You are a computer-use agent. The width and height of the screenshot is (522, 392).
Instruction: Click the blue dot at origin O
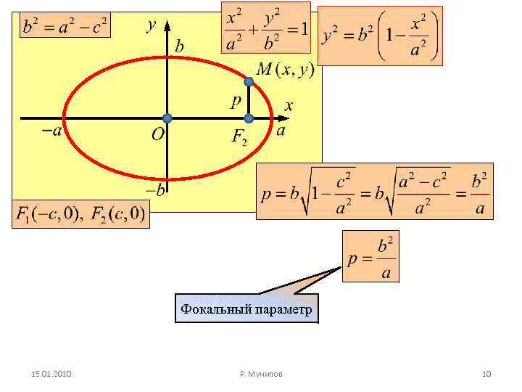pyautogui.click(x=167, y=118)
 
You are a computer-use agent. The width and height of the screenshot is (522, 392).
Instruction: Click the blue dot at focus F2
pyautogui.click(x=248, y=118)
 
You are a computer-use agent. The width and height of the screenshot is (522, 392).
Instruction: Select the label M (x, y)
pyautogui.click(x=285, y=70)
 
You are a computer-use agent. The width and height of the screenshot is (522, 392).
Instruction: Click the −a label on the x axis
pyautogui.click(x=50, y=131)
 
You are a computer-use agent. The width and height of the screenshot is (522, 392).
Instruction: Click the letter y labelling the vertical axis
pyautogui.click(x=151, y=25)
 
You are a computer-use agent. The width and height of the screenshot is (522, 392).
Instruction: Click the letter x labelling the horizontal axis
pyautogui.click(x=289, y=106)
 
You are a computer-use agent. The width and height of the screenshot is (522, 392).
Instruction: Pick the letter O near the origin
pyautogui.click(x=157, y=135)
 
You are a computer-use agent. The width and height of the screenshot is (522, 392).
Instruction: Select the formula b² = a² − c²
pyautogui.click(x=65, y=28)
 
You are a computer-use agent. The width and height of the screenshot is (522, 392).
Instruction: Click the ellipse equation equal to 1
pyautogui.click(x=266, y=28)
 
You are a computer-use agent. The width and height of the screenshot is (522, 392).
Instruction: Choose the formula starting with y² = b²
pyautogui.click(x=379, y=36)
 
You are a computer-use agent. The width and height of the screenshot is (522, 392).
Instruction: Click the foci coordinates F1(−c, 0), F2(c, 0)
pyautogui.click(x=80, y=214)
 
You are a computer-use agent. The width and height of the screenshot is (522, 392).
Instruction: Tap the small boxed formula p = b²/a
pyautogui.click(x=371, y=258)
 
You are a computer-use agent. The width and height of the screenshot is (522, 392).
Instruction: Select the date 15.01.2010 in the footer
pyautogui.click(x=51, y=374)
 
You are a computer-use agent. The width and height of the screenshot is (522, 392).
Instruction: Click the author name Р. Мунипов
pyautogui.click(x=261, y=374)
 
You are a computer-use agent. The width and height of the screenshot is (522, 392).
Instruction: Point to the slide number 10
pyautogui.click(x=486, y=374)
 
